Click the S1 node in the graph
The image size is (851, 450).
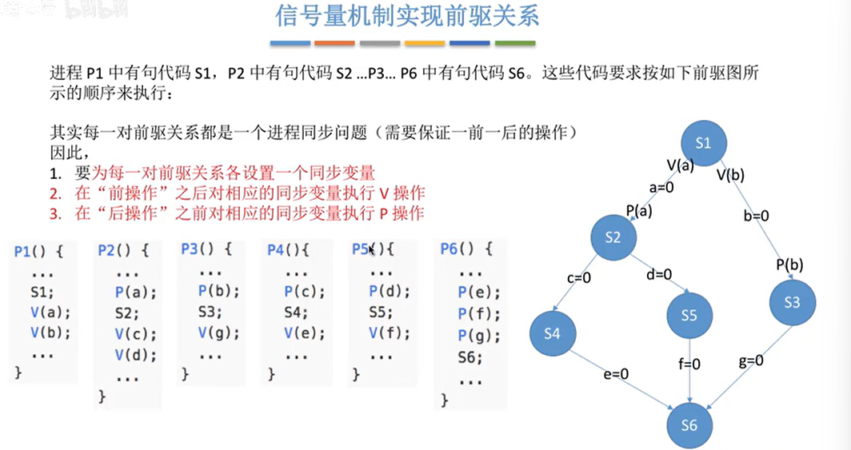point(703,144)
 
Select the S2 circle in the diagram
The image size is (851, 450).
point(613,237)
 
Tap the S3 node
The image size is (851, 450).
point(792,302)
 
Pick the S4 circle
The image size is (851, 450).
point(552,334)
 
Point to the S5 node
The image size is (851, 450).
point(689,316)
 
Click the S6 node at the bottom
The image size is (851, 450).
point(689,425)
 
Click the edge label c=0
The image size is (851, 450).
point(577,279)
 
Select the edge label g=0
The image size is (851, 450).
point(751,360)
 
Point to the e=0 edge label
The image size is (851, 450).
point(616,373)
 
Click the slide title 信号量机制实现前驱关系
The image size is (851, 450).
point(406,16)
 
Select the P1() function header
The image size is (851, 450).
point(38,251)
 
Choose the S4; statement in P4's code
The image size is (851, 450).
point(296,313)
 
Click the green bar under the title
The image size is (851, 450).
point(516,42)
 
